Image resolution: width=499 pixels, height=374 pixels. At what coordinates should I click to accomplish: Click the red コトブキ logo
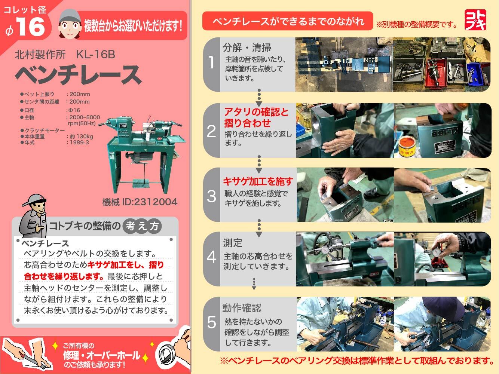[475, 20]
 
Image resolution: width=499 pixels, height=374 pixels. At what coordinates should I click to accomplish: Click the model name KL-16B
[96, 55]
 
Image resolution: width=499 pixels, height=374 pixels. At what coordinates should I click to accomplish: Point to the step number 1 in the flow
[211, 62]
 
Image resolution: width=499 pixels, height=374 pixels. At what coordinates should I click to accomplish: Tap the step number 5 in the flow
[211, 322]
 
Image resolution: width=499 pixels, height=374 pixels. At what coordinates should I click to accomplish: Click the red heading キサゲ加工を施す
[258, 181]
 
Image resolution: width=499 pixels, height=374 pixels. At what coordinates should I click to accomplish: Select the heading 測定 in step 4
[233, 243]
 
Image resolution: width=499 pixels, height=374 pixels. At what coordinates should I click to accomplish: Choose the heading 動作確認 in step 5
[242, 308]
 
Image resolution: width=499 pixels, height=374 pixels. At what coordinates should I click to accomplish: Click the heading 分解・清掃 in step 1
[247, 48]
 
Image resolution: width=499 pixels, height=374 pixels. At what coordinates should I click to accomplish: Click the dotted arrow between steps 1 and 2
[259, 97]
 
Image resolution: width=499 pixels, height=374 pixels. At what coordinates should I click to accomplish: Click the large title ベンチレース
[79, 75]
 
